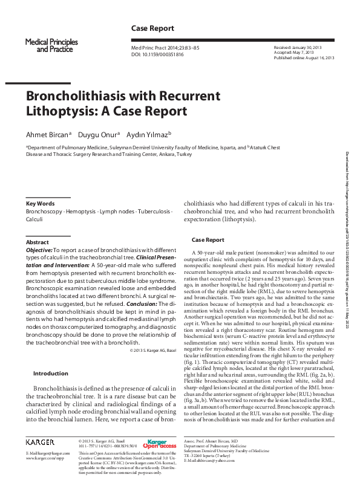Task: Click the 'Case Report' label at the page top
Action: pyautogui.click(x=152, y=28)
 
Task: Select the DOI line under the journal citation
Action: pyautogui.click(x=158, y=54)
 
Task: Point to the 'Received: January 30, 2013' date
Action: pyautogui.click(x=298, y=47)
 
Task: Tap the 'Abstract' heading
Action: pyautogui.click(x=38, y=242)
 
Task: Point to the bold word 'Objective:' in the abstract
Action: pyautogui.click(x=39, y=250)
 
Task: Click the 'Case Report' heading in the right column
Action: pyautogui.click(x=208, y=240)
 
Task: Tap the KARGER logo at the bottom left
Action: pyautogui.click(x=41, y=443)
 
